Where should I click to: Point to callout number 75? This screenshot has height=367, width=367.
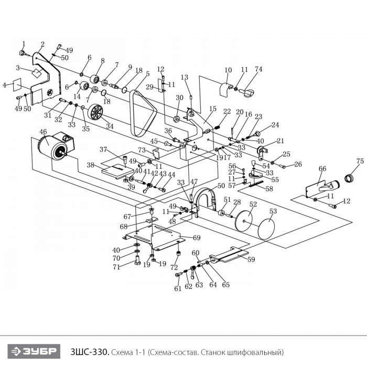click(x=360, y=161)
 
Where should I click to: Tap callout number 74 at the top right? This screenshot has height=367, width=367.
click(x=258, y=69)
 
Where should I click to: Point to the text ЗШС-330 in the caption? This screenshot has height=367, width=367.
click(x=89, y=350)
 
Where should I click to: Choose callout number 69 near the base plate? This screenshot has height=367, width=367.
click(x=197, y=238)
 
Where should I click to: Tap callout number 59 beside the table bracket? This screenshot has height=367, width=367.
click(x=251, y=259)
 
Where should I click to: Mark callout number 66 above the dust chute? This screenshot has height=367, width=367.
click(x=322, y=169)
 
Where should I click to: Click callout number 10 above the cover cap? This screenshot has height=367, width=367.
click(x=228, y=70)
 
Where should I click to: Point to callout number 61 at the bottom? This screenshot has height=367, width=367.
click(x=177, y=288)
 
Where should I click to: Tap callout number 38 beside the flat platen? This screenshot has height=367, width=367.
click(x=91, y=165)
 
